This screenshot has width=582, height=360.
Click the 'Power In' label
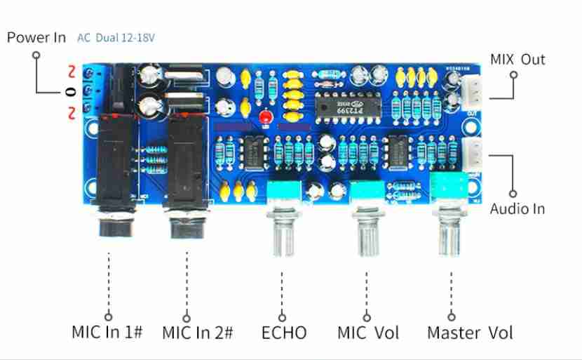36,37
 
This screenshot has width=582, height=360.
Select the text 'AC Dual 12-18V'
117,38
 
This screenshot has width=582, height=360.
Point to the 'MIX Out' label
517,59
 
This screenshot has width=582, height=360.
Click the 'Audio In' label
517,208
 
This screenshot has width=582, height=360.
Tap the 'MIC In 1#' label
107,332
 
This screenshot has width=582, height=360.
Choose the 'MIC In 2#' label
197,332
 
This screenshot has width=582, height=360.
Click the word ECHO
284,332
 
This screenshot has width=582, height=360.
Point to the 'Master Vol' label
470,332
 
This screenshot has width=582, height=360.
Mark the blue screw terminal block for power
93,91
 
